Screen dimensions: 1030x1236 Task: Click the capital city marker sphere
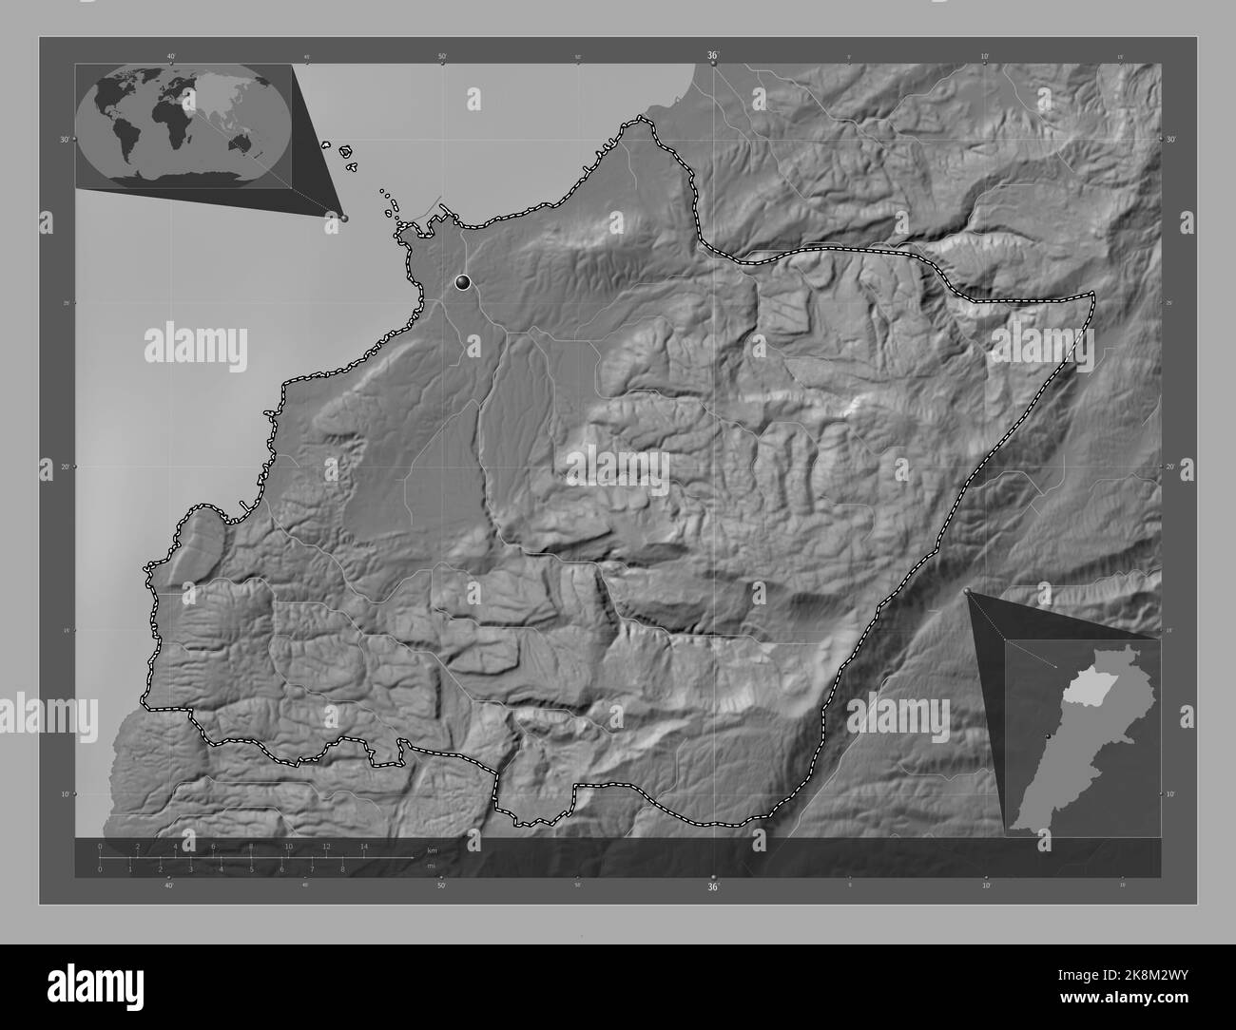[x=463, y=281]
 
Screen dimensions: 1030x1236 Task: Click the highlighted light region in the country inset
[x=1083, y=691]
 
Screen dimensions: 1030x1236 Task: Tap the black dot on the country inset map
[x=1048, y=736]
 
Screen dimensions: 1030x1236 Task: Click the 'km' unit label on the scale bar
[x=432, y=849]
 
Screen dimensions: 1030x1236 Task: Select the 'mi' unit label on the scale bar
[x=431, y=866]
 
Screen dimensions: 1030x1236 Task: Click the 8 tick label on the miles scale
[x=342, y=868]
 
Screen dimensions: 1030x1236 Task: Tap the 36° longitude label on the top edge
[x=713, y=56]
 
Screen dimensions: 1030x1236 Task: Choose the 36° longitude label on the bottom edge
[x=713, y=887]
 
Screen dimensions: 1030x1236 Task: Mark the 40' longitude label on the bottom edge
[x=169, y=886]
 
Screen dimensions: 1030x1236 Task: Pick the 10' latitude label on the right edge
[x=1171, y=793]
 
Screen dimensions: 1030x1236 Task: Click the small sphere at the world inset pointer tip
[x=344, y=218]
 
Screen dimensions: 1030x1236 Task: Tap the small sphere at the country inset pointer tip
[x=968, y=592]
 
